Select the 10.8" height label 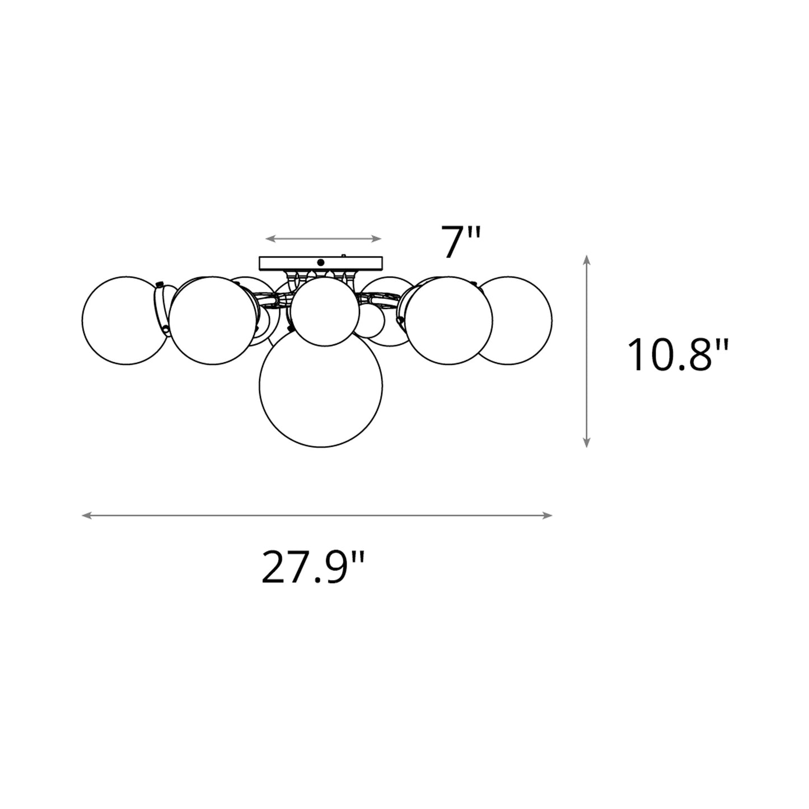[x=677, y=356]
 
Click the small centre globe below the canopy [x=325, y=312]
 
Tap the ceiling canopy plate [x=321, y=263]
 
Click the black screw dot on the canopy [x=321, y=261]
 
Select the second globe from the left [x=210, y=320]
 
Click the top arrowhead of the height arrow [x=586, y=258]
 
